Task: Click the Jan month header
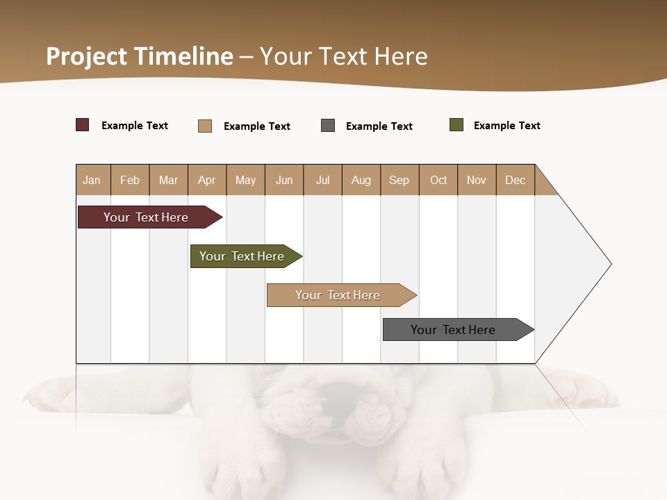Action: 92,181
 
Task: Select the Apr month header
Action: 207,181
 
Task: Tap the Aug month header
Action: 361,181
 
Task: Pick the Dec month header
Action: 516,181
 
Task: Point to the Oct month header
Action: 438,181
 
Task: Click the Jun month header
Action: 284,181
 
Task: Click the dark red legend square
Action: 83,125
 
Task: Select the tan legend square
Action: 205,126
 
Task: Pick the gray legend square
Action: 328,126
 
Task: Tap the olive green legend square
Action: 456,125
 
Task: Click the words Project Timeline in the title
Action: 139,56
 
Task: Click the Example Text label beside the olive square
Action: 507,126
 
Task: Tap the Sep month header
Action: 400,181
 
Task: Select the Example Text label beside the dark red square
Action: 135,126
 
